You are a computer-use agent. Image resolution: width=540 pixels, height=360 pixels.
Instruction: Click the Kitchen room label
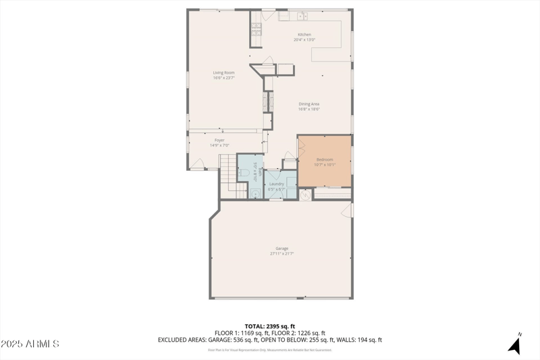pyautogui.click(x=305, y=34)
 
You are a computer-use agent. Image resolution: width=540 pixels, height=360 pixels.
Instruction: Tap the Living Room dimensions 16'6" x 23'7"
pyautogui.click(x=223, y=78)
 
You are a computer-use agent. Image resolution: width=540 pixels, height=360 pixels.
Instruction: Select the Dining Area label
pyautogui.click(x=309, y=103)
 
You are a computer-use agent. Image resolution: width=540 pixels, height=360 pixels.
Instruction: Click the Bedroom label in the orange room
pyautogui.click(x=325, y=159)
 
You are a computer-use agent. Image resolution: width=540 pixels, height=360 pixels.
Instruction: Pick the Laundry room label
pyautogui.click(x=276, y=184)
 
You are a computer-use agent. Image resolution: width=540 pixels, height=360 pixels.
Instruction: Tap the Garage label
pyautogui.click(x=281, y=249)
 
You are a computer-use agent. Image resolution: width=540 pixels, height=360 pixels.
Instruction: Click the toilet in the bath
pyautogui.click(x=244, y=173)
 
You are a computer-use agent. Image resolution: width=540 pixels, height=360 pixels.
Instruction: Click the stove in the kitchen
pyautogui.click(x=256, y=28)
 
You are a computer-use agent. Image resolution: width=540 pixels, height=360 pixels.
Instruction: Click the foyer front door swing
pyautogui.click(x=197, y=162)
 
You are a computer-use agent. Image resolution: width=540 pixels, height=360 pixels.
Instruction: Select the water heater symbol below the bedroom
pyautogui.click(x=304, y=194)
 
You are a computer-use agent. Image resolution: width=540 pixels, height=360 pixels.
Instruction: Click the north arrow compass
pyautogui.click(x=514, y=344)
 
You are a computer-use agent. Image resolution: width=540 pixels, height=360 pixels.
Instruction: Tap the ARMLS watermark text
pyautogui.click(x=30, y=344)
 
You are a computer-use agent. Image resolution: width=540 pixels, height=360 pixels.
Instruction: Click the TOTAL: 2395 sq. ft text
pyautogui.click(x=270, y=326)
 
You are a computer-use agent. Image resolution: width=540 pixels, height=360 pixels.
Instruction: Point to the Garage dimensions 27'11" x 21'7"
pyautogui.click(x=281, y=254)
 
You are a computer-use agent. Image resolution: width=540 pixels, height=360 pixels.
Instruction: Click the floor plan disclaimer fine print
pyautogui.click(x=270, y=349)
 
